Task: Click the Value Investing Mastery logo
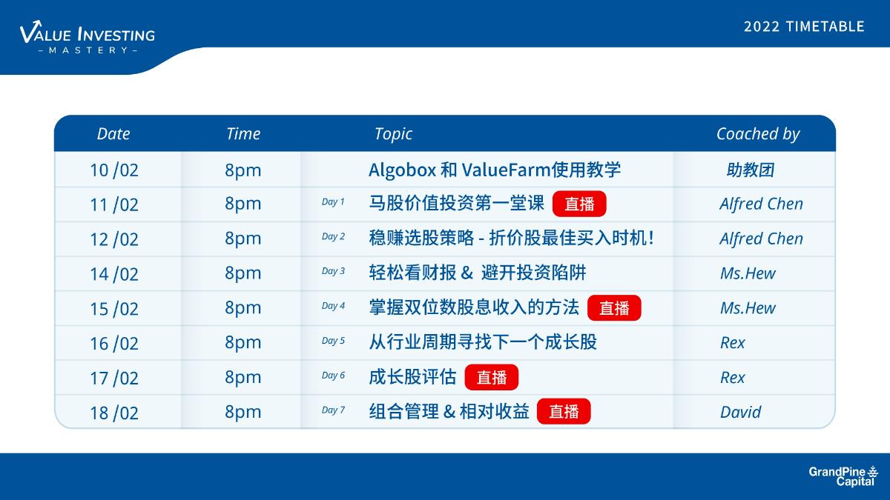pos(88,37)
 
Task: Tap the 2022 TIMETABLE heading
pos(804,27)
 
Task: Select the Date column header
pos(113,134)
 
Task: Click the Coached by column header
pos(758,134)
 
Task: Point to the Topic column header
pos(393,134)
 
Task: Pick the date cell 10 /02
pos(114,170)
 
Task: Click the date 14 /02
pos(114,274)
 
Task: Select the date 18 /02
pos(114,413)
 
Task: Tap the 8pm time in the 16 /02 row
pos(243,343)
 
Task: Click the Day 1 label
pos(333,202)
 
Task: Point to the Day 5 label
pos(333,341)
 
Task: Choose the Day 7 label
pos(333,410)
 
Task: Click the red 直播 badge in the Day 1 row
pos(579,204)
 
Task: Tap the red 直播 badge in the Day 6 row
pos(492,377)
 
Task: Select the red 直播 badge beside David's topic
pos(564,412)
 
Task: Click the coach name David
pos(741,413)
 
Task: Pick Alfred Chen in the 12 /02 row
pos(761,239)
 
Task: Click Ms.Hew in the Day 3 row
pos(748,273)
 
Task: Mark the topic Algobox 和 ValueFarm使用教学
pos(495,170)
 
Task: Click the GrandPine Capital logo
pos(843,476)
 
